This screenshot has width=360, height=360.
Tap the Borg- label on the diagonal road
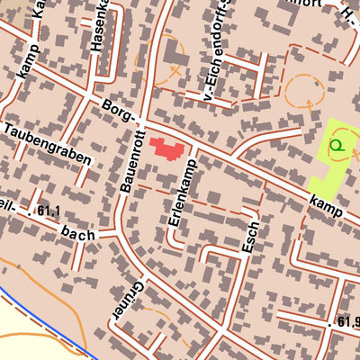119,112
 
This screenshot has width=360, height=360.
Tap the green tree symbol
337,143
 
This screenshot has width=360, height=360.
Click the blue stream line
45,320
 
